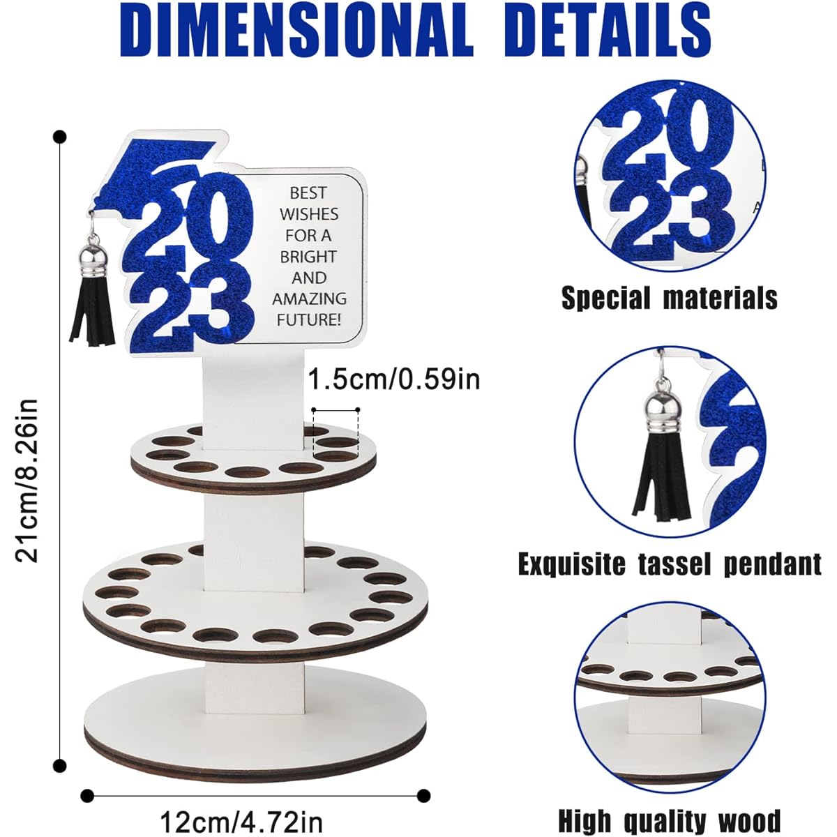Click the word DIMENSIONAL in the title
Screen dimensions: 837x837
click(296, 29)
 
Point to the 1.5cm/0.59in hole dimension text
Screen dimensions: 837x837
click(394, 379)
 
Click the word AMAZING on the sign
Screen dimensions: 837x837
click(309, 299)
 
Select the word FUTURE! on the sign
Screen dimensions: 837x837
click(309, 320)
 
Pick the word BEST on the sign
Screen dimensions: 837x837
click(308, 193)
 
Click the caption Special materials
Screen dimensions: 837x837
click(670, 298)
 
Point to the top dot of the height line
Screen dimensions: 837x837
click(59, 137)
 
